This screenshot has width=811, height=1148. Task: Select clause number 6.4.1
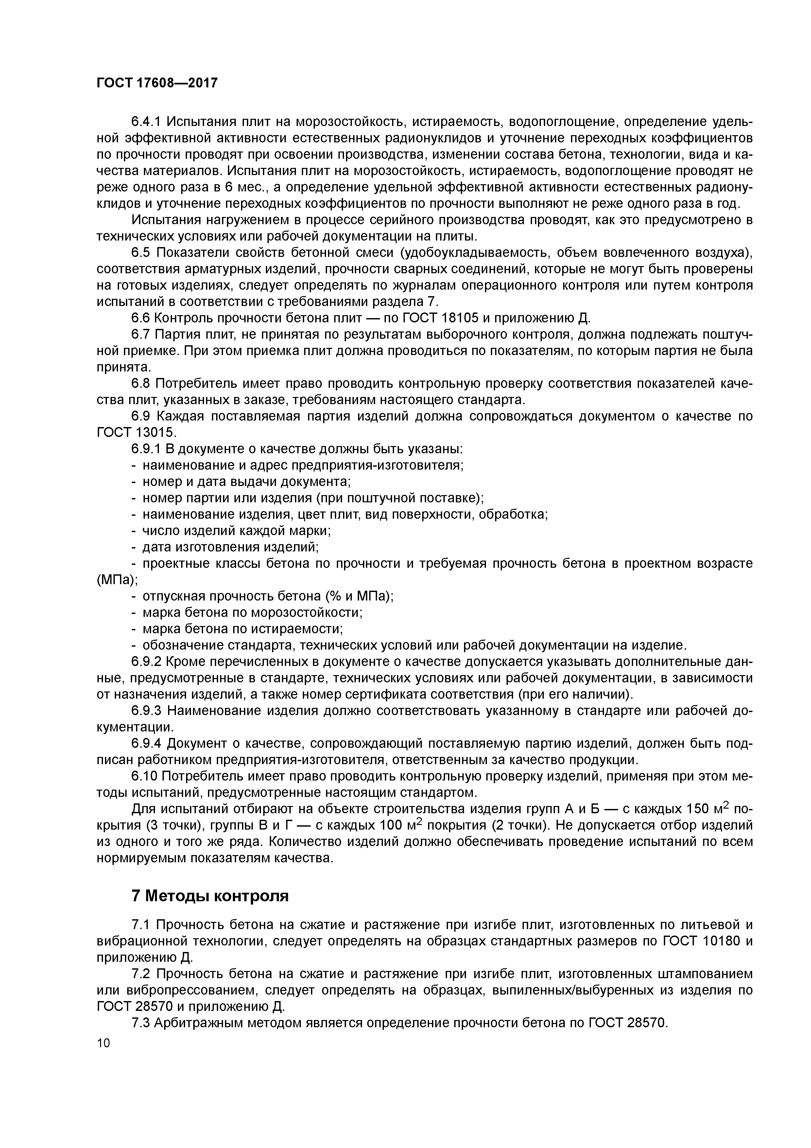tap(146, 122)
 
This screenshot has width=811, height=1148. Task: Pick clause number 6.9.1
tap(146, 449)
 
